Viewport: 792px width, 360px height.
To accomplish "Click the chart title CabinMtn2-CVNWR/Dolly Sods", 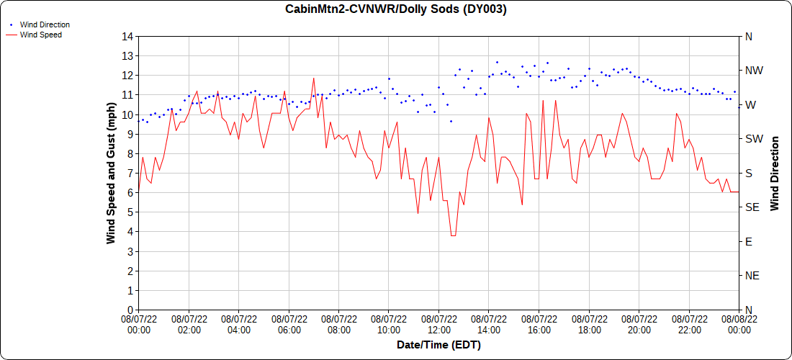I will coord(395,9).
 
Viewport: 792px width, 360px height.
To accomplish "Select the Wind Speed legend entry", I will coord(40,35).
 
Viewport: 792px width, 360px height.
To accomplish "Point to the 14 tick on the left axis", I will coord(127,36).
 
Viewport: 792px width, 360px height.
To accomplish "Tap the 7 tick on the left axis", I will coord(130,173).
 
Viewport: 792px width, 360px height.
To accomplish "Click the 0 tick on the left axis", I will coord(130,310).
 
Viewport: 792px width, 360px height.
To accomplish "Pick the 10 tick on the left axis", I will coord(127,114).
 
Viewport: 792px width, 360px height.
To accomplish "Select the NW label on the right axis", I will coord(753,71).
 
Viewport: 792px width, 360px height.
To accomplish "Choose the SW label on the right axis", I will coord(752,139).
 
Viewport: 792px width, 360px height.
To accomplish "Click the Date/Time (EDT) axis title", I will coord(438,345).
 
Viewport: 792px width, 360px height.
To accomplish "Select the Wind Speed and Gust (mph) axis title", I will coord(111,173).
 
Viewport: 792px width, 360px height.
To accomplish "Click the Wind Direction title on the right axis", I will coord(775,173).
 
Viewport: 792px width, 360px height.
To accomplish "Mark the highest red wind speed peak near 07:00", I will coord(313,78).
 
